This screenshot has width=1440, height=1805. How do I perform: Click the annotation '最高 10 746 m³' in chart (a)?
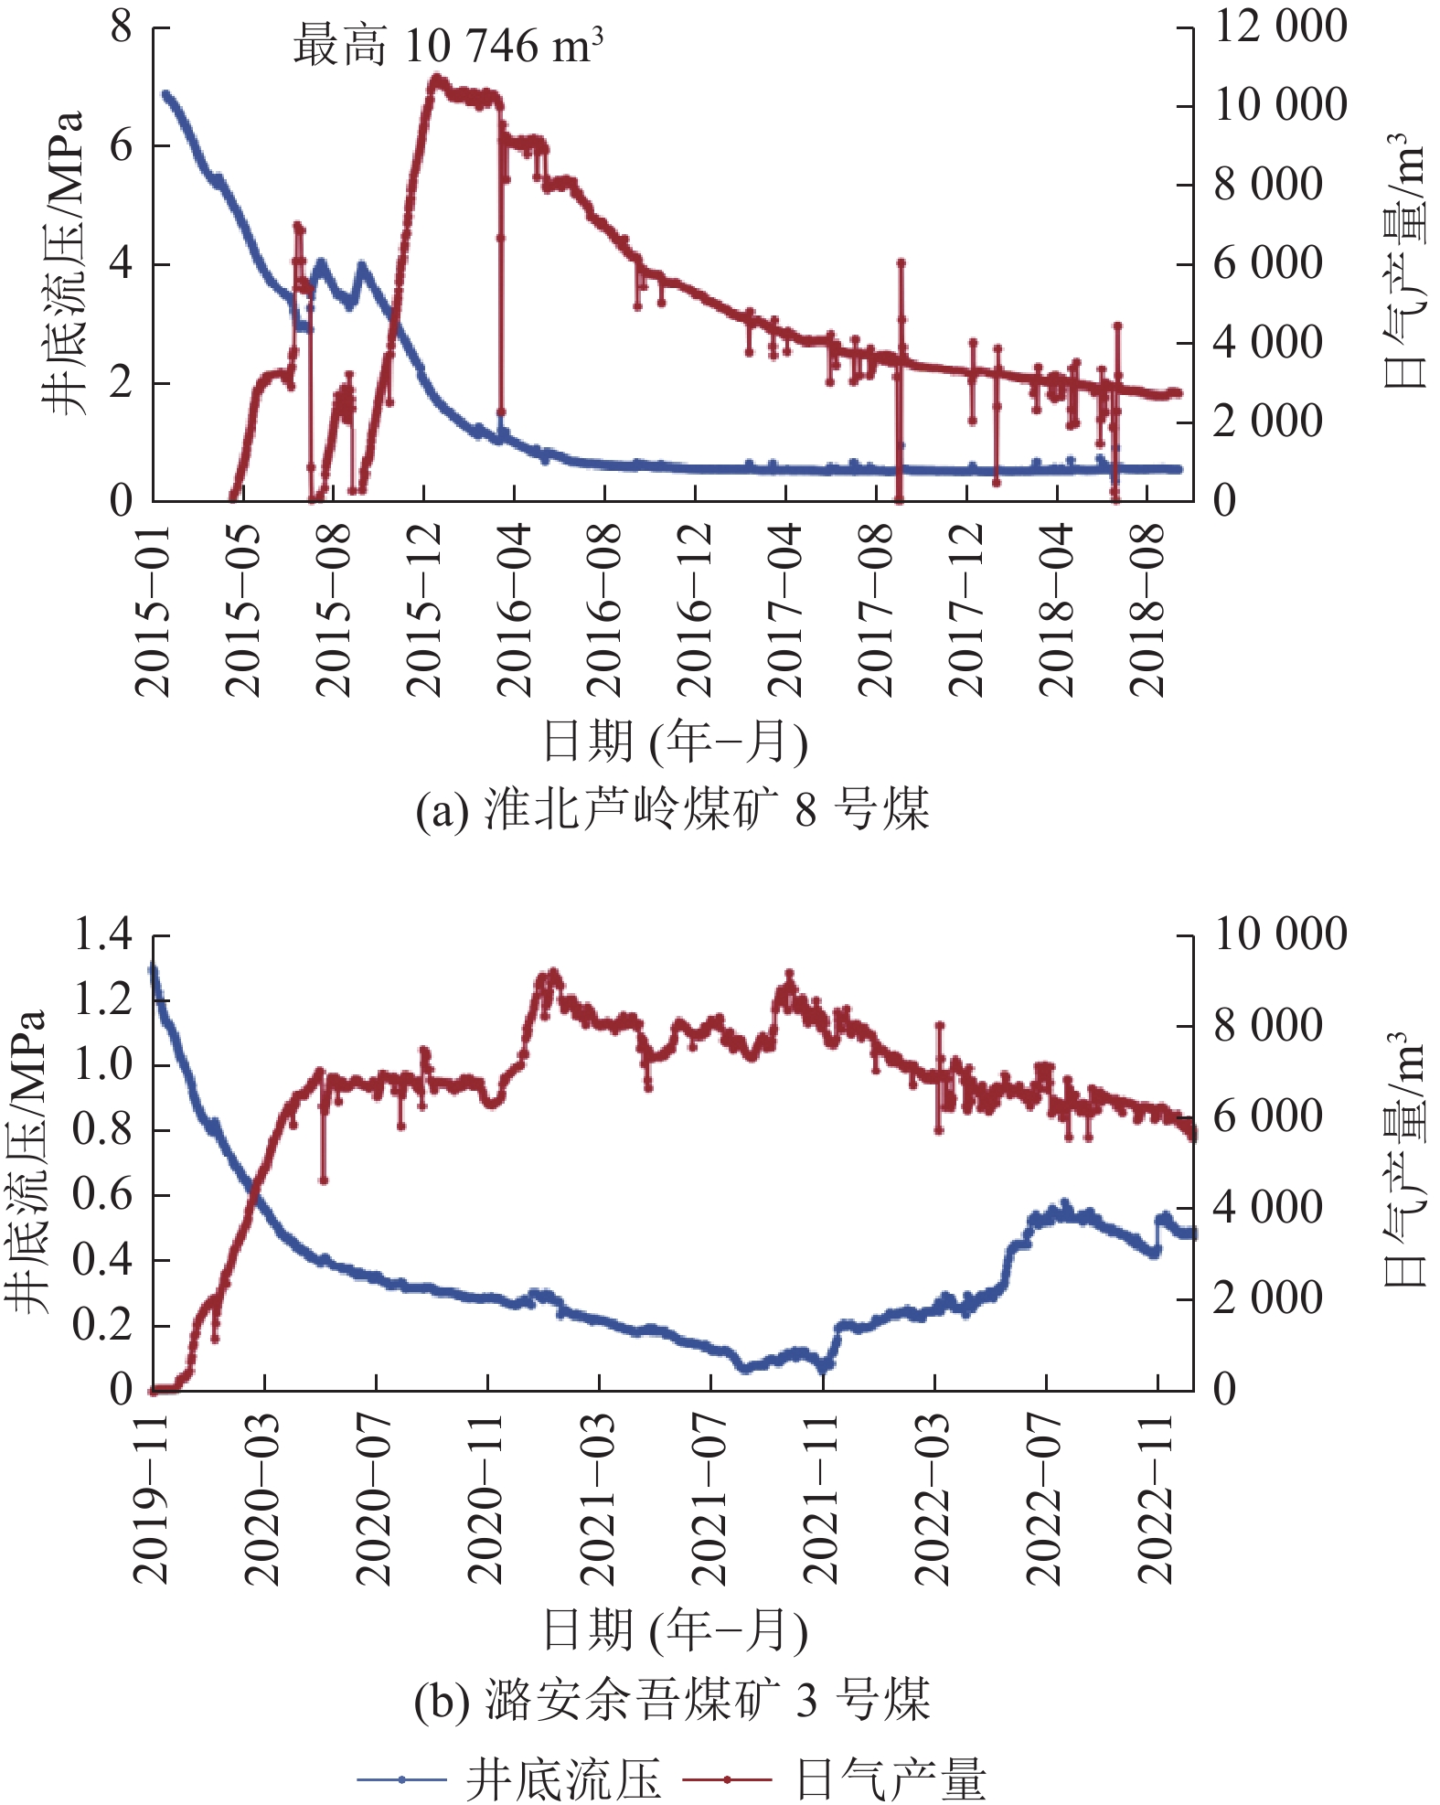(448, 46)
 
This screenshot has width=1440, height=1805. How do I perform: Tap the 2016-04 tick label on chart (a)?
(514, 610)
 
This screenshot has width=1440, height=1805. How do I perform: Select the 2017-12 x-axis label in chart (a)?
(966, 610)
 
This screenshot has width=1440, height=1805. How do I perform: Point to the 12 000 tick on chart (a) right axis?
(1279, 27)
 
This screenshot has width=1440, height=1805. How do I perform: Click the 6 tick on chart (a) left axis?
(122, 145)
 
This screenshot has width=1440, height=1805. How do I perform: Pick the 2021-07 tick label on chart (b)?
(710, 1501)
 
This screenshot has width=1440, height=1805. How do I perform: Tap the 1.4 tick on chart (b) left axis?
(103, 935)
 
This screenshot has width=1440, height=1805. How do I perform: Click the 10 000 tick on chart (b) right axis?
(1279, 935)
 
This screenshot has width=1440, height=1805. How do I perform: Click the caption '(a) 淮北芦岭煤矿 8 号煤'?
(672, 810)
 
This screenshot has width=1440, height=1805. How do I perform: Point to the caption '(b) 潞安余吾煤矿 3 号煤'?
(672, 1701)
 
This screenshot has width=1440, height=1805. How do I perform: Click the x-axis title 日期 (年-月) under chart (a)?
(675, 742)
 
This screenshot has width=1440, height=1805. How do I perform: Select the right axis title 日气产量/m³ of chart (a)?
(1404, 262)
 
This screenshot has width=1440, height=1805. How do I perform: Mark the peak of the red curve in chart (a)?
(436, 79)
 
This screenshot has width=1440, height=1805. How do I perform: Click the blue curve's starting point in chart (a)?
(165, 93)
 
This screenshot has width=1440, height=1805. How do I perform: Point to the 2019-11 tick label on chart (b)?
(152, 1501)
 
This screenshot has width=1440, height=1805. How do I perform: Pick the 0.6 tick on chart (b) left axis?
(103, 1194)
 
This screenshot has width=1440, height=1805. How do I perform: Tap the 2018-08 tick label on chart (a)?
(1147, 610)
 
